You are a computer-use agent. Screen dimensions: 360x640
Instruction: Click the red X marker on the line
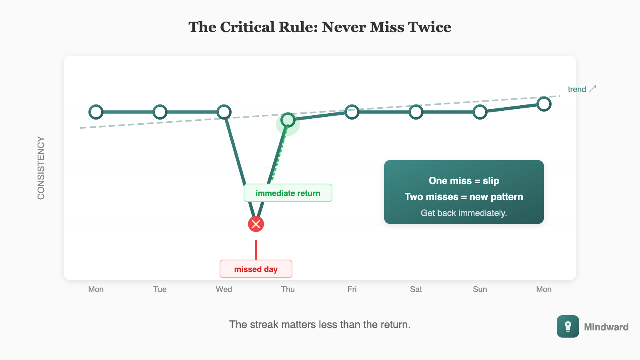[256, 224]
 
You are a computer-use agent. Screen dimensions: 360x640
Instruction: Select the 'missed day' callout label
[256, 269]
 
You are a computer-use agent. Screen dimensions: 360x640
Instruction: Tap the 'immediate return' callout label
[288, 193]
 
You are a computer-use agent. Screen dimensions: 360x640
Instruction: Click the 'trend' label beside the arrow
[577, 89]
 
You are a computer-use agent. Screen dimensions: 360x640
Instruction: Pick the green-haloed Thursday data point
[288, 120]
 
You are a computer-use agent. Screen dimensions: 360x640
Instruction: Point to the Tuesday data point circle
[160, 112]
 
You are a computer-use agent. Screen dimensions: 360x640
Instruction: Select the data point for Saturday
[416, 112]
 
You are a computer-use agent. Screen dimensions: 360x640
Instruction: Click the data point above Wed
[224, 112]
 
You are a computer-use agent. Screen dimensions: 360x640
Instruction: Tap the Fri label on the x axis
[352, 289]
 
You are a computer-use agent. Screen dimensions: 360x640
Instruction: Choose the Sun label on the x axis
[480, 289]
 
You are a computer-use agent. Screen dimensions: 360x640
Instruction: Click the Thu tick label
[288, 289]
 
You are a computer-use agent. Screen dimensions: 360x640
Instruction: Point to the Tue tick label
[160, 289]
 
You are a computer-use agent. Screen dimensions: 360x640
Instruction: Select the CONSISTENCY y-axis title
[41, 168]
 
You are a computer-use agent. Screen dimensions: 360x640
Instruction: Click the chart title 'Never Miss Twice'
[320, 27]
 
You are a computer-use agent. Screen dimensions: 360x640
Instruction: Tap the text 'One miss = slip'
[464, 181]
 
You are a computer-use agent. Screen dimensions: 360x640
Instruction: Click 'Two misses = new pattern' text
[464, 197]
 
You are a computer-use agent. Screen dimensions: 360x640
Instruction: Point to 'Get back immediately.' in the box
[464, 213]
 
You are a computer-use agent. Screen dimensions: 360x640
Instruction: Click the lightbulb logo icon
[568, 326]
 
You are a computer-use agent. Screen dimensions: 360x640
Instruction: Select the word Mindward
[606, 327]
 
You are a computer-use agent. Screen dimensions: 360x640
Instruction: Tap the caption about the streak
[320, 324]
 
